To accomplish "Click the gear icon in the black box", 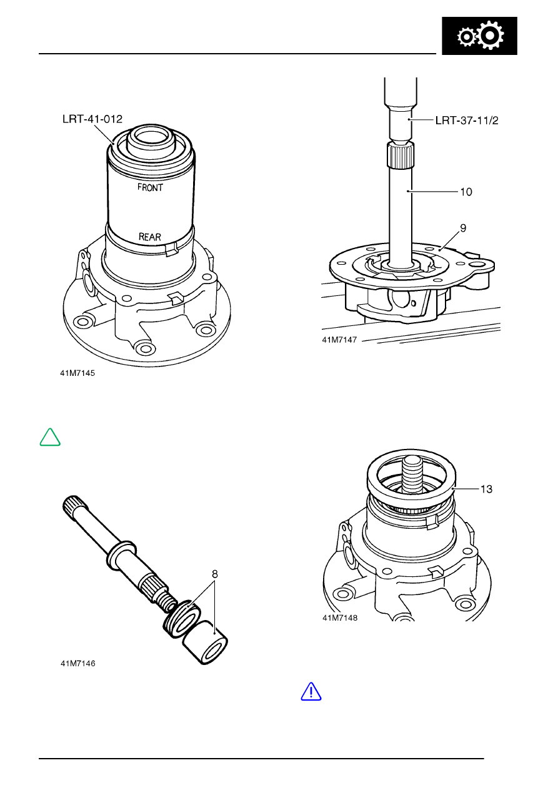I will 480,37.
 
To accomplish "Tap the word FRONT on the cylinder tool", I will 150,187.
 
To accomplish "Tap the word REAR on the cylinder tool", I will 149,237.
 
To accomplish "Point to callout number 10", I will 466,192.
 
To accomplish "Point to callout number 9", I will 463,229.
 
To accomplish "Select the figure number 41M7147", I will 339,340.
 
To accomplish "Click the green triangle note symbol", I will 50,437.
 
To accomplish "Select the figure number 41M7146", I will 77,664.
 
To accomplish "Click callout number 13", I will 486,490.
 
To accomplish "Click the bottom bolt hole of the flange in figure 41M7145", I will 146,348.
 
